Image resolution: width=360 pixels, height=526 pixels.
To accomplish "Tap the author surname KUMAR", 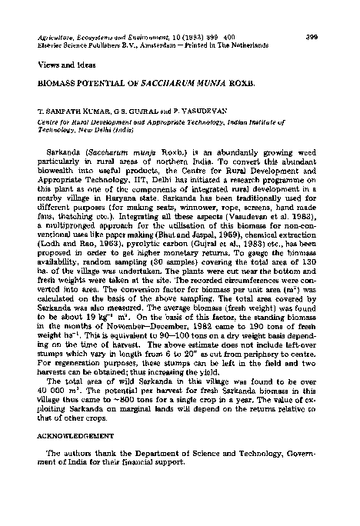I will coord(82,110).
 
